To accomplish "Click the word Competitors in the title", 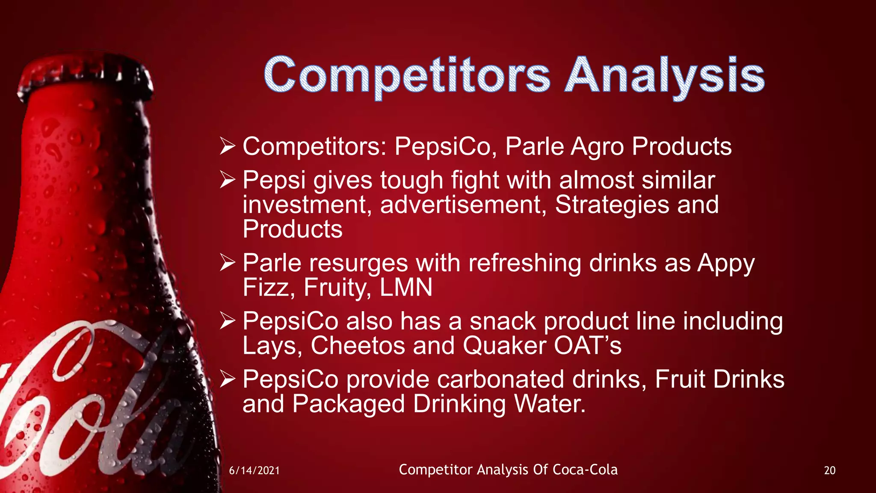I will (406, 76).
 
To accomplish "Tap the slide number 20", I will (829, 470).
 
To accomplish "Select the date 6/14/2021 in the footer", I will (254, 470).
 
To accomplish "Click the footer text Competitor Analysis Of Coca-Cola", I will (508, 469).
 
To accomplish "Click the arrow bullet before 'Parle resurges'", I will (227, 262).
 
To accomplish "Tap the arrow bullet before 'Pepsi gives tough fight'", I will (227, 180).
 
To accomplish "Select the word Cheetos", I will (358, 345).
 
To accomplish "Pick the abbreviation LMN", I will (406, 287).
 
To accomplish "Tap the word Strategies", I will (612, 205).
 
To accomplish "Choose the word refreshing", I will (524, 263).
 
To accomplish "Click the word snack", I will (503, 321).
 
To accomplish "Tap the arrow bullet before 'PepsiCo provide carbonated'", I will (227, 379).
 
